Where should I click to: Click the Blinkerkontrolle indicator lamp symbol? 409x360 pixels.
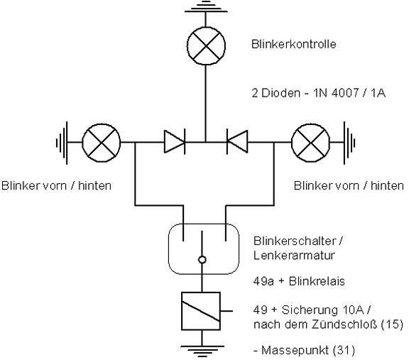206,45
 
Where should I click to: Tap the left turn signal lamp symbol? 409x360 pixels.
102,143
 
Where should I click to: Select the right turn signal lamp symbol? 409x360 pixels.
311,143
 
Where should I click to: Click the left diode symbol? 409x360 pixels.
175,141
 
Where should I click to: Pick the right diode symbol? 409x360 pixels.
237,141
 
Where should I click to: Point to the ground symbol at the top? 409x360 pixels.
206,6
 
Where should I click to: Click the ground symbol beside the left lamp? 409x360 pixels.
62,143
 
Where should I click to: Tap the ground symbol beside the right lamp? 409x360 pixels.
349,143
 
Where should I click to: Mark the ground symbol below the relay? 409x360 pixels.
202,351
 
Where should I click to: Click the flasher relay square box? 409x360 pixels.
201,311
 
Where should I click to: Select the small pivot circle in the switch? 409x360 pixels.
202,260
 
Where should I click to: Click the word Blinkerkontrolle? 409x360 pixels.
294,44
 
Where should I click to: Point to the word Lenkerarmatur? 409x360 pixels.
294,256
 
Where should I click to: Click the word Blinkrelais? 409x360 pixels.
317,281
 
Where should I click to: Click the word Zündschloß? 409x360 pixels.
344,324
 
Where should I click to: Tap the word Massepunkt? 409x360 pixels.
295,350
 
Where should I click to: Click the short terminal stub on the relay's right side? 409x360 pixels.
227,311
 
